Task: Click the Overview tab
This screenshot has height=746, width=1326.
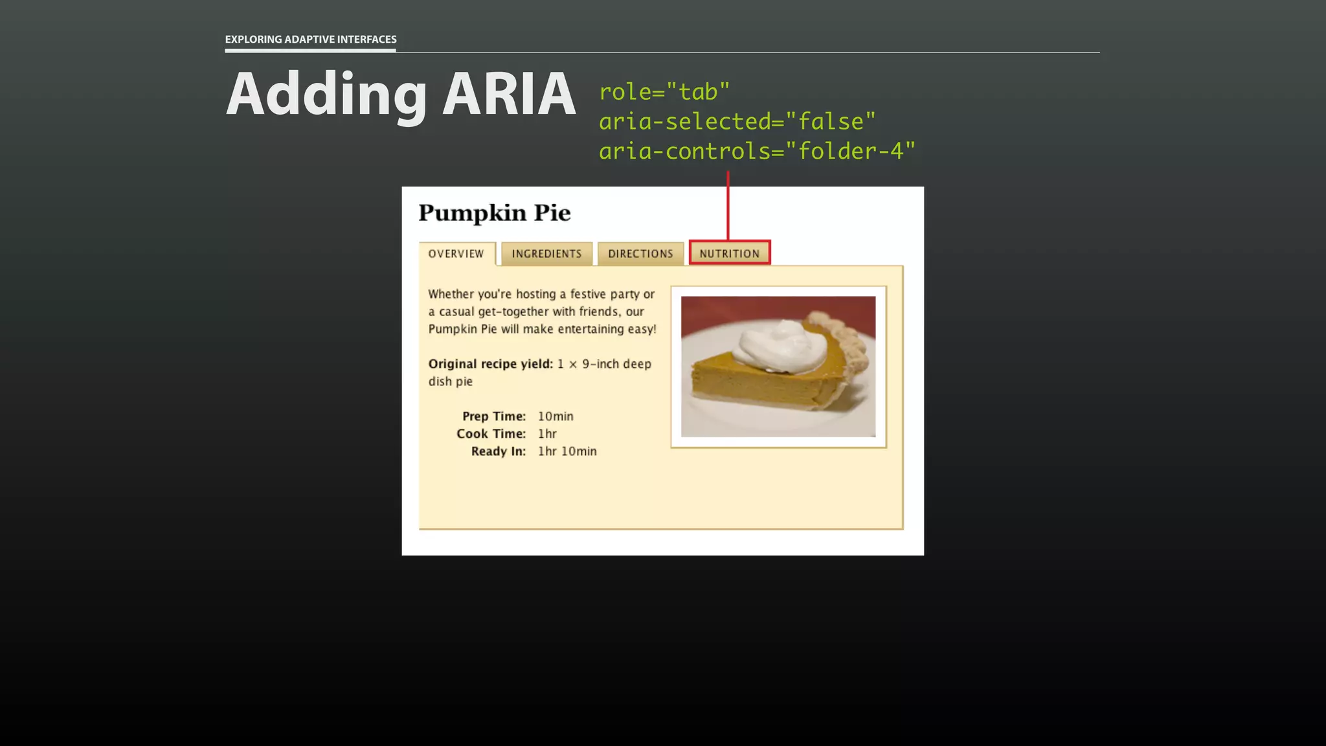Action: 456,254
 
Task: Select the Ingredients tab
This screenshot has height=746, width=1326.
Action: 546,254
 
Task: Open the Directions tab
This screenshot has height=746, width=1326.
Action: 640,254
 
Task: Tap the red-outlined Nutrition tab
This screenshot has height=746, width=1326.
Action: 730,253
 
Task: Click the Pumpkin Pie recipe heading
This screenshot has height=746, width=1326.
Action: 495,213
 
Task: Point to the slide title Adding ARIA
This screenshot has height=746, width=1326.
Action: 400,95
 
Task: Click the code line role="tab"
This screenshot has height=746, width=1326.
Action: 664,92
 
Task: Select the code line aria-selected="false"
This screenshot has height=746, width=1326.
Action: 737,122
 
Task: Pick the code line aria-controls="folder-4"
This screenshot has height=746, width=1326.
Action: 757,152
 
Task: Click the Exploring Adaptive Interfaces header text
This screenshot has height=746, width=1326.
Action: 311,40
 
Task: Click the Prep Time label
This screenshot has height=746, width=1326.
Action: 493,416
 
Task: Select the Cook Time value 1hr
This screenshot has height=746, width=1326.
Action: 547,434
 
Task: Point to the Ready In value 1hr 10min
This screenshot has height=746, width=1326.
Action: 567,451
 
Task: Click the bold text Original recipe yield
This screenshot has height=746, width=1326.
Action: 490,364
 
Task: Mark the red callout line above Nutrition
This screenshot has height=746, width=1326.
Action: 728,206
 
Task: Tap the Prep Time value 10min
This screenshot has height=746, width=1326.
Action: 556,416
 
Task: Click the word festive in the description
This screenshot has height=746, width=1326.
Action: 588,294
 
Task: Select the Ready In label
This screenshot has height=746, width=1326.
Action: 498,451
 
